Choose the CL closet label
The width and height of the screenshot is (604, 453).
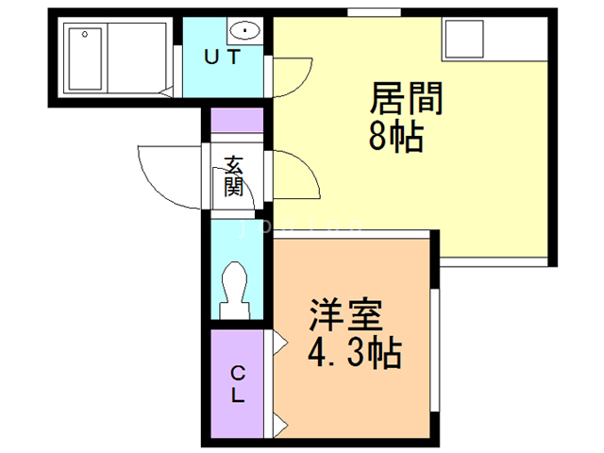tap(238, 382)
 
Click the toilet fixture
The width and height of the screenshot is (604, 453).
tap(234, 288)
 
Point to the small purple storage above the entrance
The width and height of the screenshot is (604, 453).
tap(236, 122)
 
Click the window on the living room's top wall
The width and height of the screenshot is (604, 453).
tap(363, 12)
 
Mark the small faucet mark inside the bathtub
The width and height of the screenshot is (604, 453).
tap(86, 34)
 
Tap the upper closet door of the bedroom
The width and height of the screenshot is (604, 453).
tap(279, 343)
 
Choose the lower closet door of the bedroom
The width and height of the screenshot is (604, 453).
tap(279, 421)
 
